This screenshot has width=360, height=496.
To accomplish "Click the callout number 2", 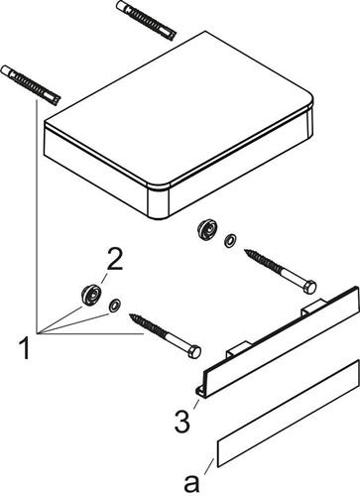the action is (114, 260).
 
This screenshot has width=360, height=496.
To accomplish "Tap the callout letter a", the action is (191, 484).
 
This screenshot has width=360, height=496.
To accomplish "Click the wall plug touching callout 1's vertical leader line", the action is (31, 85).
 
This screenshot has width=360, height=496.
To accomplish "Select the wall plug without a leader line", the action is (146, 20).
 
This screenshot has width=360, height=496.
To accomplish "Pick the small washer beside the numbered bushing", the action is (115, 306).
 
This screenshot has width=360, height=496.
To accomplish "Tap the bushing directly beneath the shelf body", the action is (207, 228).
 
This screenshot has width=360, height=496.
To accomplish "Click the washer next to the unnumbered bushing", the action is (230, 240).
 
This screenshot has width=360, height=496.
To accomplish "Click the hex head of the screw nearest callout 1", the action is (194, 351).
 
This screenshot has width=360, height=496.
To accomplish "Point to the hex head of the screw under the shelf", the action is (309, 287).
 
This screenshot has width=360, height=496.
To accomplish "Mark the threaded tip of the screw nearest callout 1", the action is (132, 316).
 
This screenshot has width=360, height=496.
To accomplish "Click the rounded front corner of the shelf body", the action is (159, 201).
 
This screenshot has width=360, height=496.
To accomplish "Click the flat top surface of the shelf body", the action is (179, 107).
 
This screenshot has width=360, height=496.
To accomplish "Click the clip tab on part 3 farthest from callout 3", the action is (313, 306).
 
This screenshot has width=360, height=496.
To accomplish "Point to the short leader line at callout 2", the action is (104, 280).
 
